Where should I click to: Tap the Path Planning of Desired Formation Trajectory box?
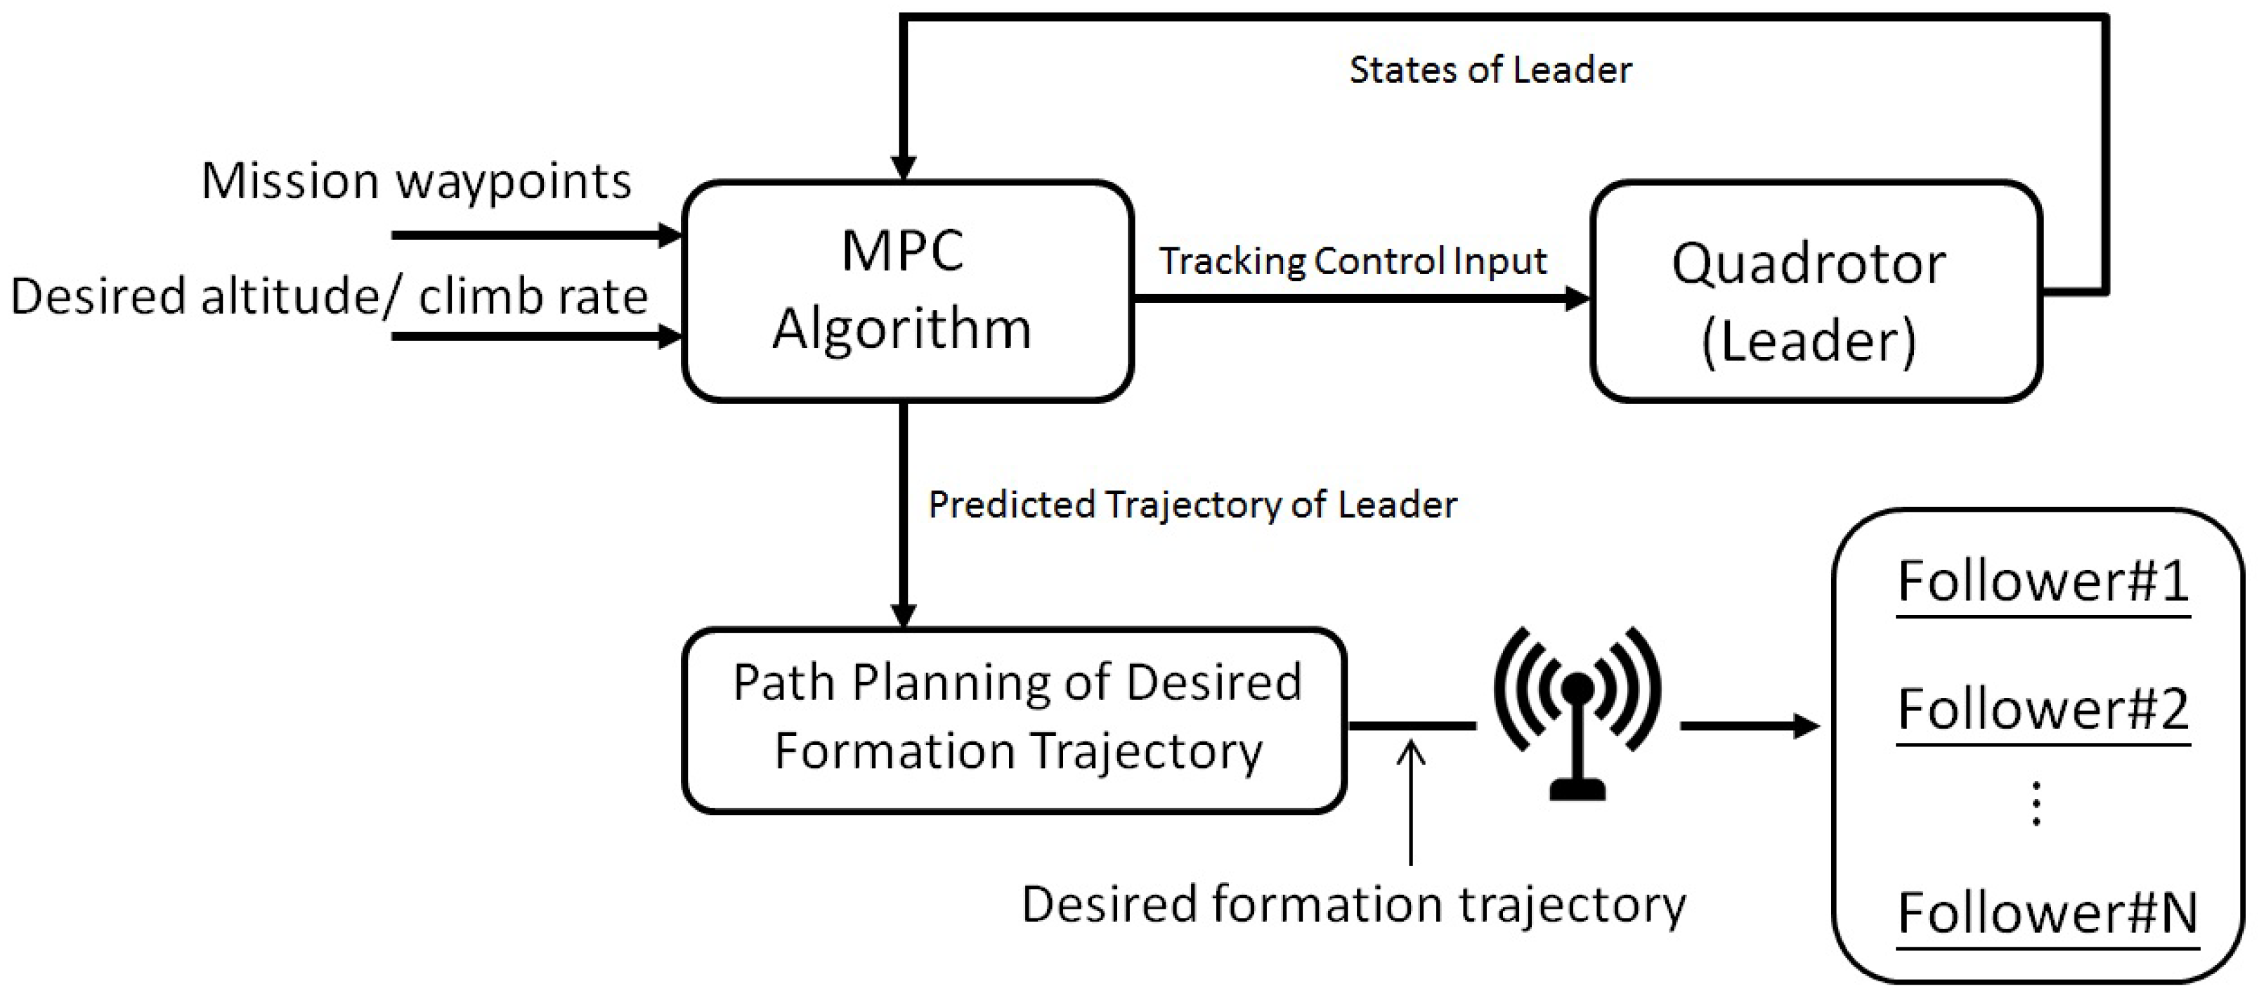point(1015,719)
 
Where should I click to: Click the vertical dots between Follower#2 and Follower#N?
point(2036,804)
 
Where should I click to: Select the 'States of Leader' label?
point(1490,70)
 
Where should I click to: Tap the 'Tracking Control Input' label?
point(1353,261)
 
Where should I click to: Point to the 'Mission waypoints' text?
point(417,181)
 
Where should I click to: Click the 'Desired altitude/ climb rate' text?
point(329,297)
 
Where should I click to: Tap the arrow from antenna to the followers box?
point(1749,726)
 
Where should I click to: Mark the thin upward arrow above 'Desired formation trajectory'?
point(1410,803)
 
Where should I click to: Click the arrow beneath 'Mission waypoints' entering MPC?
point(535,235)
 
